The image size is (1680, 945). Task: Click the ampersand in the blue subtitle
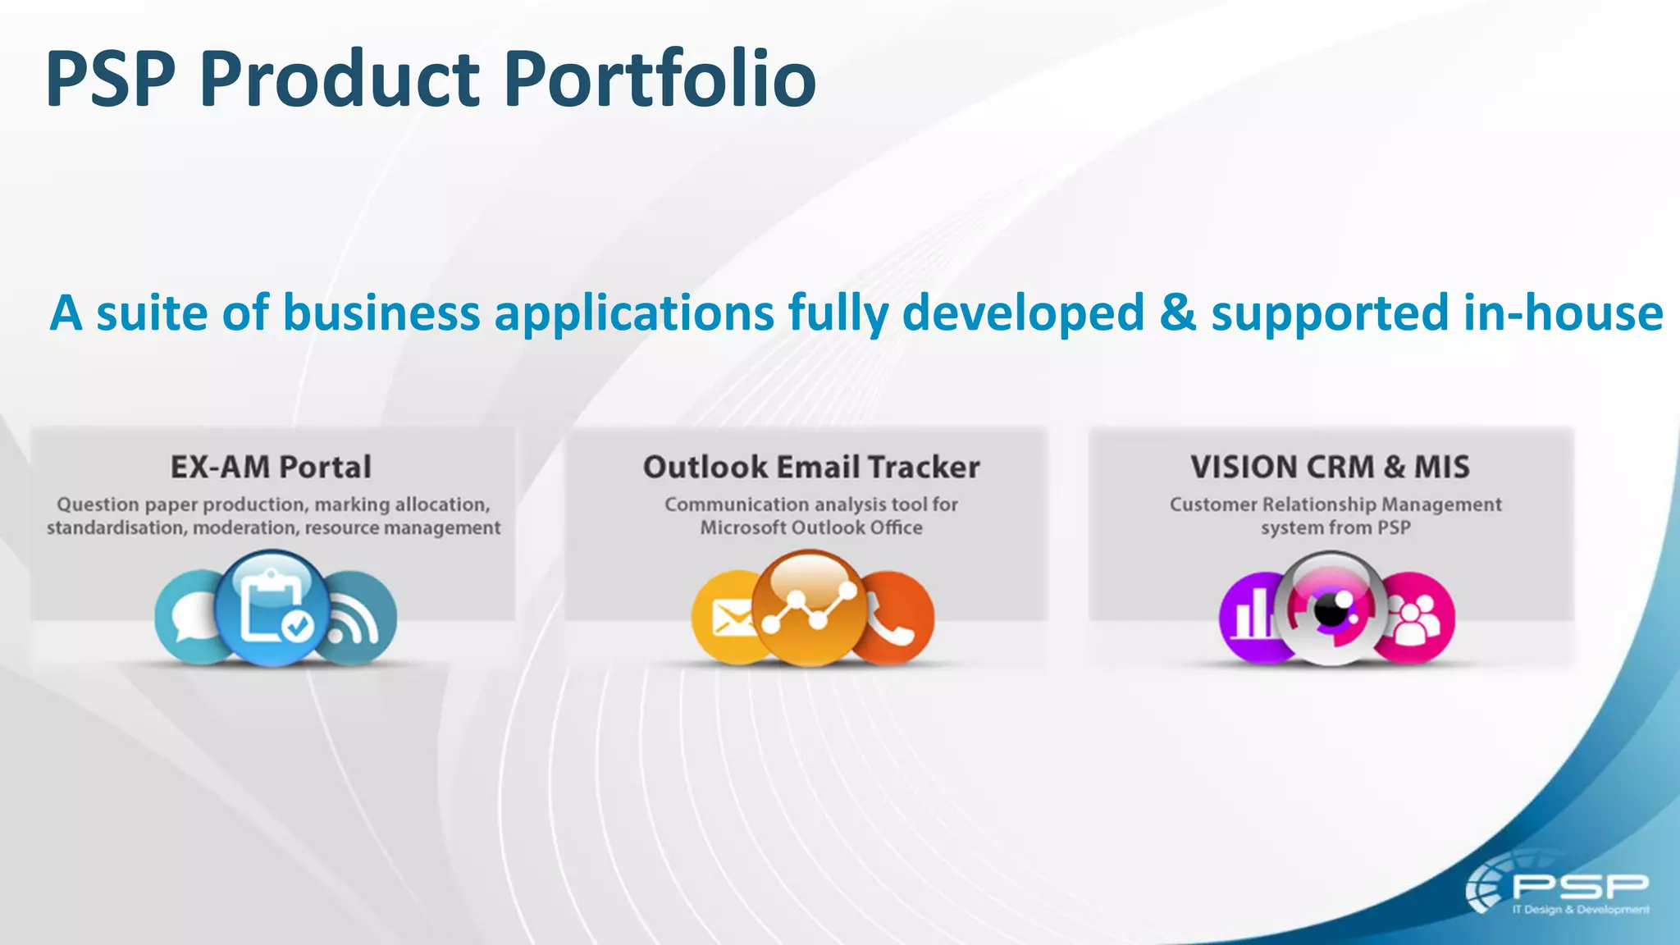1177,313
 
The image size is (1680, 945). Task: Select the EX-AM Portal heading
272,467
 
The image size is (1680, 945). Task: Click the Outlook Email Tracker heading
810,467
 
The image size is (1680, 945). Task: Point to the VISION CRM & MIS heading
1330,467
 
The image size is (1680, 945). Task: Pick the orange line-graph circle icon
809,607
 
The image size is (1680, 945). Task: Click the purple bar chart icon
1252,618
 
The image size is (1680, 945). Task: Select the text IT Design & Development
1580,910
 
